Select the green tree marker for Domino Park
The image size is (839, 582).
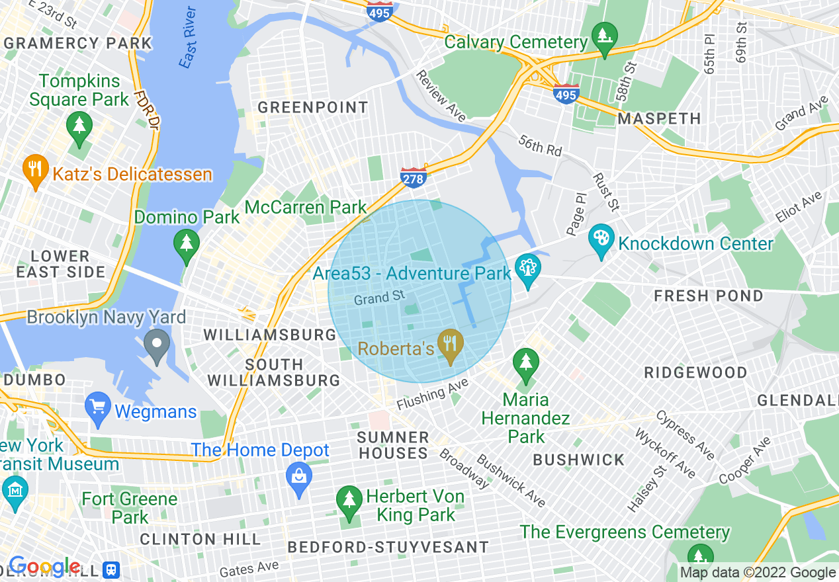[187, 243]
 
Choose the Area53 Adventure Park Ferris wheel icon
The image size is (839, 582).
[527, 269]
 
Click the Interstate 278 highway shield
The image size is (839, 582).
[413, 177]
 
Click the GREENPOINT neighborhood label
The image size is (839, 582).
[313, 107]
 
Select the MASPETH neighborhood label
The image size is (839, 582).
[659, 119]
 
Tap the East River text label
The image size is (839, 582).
[188, 38]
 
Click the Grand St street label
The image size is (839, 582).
[379, 298]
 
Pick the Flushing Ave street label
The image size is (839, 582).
[432, 395]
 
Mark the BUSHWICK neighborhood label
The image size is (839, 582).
[579, 460]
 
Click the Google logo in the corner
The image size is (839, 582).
[44, 567]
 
